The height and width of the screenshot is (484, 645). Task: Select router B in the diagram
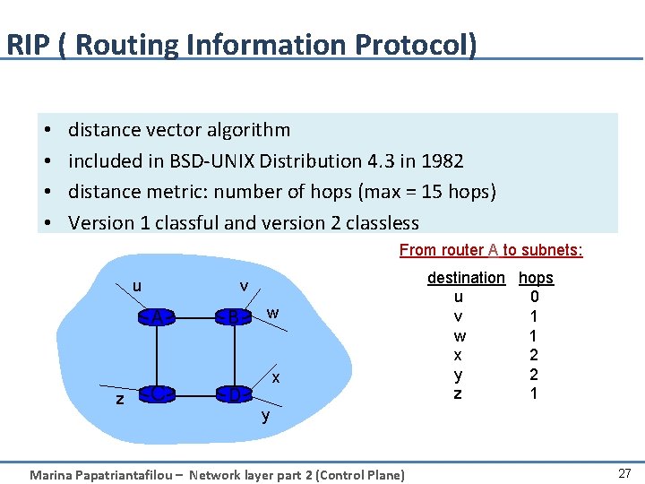pos(233,317)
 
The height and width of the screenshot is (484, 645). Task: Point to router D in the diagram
pos(233,394)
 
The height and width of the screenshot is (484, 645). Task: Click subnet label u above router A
pos(136,286)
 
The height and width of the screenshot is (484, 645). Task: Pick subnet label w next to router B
pos(273,313)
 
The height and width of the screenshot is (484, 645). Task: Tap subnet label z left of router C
pos(120,399)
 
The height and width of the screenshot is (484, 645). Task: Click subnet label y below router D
pos(265,416)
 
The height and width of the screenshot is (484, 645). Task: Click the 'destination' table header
pos(466,278)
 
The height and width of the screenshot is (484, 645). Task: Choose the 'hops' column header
pos(536,278)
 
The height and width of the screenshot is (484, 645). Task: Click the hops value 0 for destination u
pos(535,297)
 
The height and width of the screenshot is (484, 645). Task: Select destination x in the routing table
pos(459,355)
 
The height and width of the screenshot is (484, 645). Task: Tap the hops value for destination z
pos(535,393)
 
